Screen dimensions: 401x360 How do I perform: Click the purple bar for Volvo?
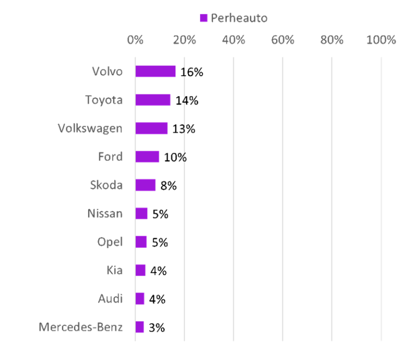click(x=156, y=72)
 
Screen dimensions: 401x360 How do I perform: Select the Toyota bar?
click(x=153, y=100)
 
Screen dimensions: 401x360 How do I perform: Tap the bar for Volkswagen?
click(x=151, y=128)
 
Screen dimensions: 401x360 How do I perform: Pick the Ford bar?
click(x=147, y=157)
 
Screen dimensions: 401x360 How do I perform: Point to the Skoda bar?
click(x=146, y=185)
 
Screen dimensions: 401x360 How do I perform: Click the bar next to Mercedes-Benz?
click(x=139, y=327)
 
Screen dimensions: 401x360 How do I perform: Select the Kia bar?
click(x=140, y=270)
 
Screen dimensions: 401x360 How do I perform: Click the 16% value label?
click(x=192, y=72)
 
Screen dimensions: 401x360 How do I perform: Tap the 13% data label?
click(x=184, y=129)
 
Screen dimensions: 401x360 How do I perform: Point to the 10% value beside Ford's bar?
click(x=175, y=157)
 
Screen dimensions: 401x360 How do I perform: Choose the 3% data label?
click(x=157, y=328)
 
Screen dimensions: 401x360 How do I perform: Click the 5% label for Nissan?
click(x=160, y=214)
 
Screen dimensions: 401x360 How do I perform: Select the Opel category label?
click(x=110, y=242)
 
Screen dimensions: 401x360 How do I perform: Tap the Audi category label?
click(x=111, y=298)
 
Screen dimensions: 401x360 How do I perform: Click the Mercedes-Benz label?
click(x=80, y=327)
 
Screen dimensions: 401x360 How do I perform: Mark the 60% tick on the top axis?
click(x=282, y=40)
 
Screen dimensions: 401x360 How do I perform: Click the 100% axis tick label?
click(x=381, y=40)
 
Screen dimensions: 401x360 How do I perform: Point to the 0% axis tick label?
click(x=135, y=40)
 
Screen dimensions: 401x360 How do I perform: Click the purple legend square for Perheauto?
click(x=204, y=18)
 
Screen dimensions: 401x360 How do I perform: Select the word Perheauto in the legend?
click(x=239, y=18)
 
